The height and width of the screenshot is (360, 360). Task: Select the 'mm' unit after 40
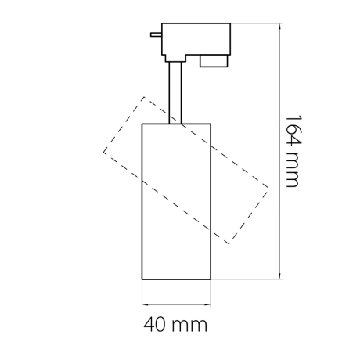click(x=191, y=323)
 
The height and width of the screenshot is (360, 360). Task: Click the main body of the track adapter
click(x=196, y=38)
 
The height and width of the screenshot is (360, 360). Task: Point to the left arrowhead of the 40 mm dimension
click(x=142, y=304)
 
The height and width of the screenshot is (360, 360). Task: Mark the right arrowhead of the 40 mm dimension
click(x=211, y=304)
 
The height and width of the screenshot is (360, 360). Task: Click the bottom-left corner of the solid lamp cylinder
click(x=142, y=279)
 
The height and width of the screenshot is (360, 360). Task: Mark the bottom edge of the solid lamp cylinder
click(x=176, y=279)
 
